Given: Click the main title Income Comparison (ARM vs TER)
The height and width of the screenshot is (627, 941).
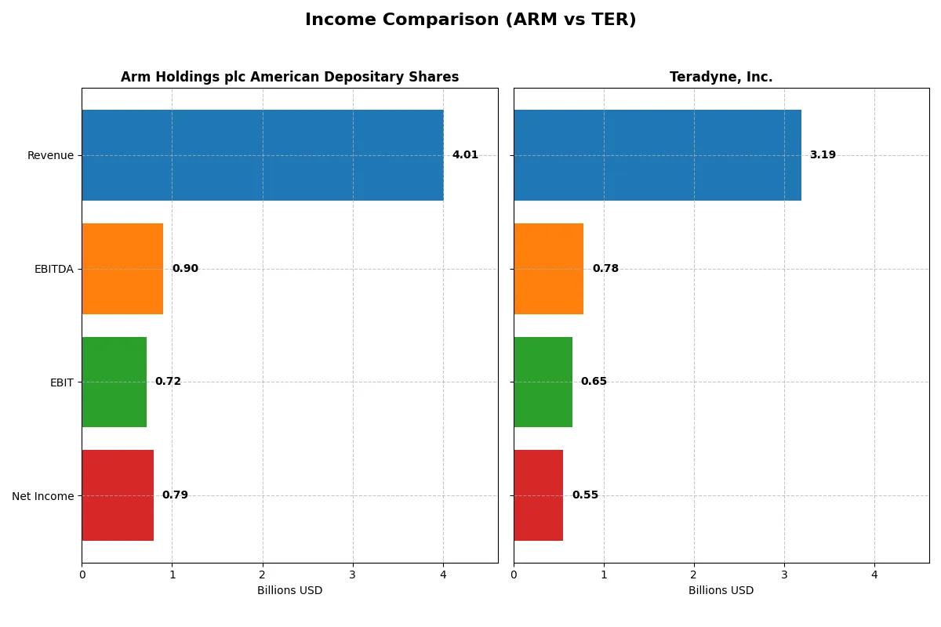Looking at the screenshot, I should (470, 20).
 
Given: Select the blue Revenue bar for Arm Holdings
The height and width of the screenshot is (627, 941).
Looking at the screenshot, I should (262, 155).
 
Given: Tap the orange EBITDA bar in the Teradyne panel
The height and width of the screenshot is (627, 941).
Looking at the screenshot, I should (548, 269).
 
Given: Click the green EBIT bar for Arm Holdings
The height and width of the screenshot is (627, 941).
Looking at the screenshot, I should (114, 382).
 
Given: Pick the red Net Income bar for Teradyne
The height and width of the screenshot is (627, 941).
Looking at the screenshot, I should (538, 495).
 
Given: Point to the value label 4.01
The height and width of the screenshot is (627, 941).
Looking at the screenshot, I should (465, 155).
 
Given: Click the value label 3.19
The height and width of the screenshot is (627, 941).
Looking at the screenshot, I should (823, 155).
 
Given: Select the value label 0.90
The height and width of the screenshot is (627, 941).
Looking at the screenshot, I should (185, 269).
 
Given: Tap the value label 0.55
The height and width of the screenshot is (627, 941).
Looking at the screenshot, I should (585, 495).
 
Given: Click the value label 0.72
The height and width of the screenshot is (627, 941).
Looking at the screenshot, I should (168, 382).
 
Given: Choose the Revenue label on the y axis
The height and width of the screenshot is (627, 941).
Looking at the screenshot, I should (50, 155).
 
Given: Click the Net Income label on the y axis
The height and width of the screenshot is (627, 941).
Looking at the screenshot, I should (42, 496).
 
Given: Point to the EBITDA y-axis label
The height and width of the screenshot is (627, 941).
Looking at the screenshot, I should (53, 269).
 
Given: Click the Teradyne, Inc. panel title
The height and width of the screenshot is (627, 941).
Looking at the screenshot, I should (721, 77).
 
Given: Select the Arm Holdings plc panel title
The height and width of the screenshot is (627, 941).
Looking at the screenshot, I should (289, 77).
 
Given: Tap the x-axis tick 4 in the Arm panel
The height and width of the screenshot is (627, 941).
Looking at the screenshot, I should (443, 574).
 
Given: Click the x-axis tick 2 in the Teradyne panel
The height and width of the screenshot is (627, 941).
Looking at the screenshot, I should (694, 574).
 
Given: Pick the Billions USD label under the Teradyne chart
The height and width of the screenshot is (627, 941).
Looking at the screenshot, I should (721, 591).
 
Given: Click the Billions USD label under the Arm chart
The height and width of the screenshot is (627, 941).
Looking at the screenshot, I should (289, 591).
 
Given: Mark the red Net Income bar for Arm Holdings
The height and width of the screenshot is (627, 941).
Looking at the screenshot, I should (118, 495).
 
